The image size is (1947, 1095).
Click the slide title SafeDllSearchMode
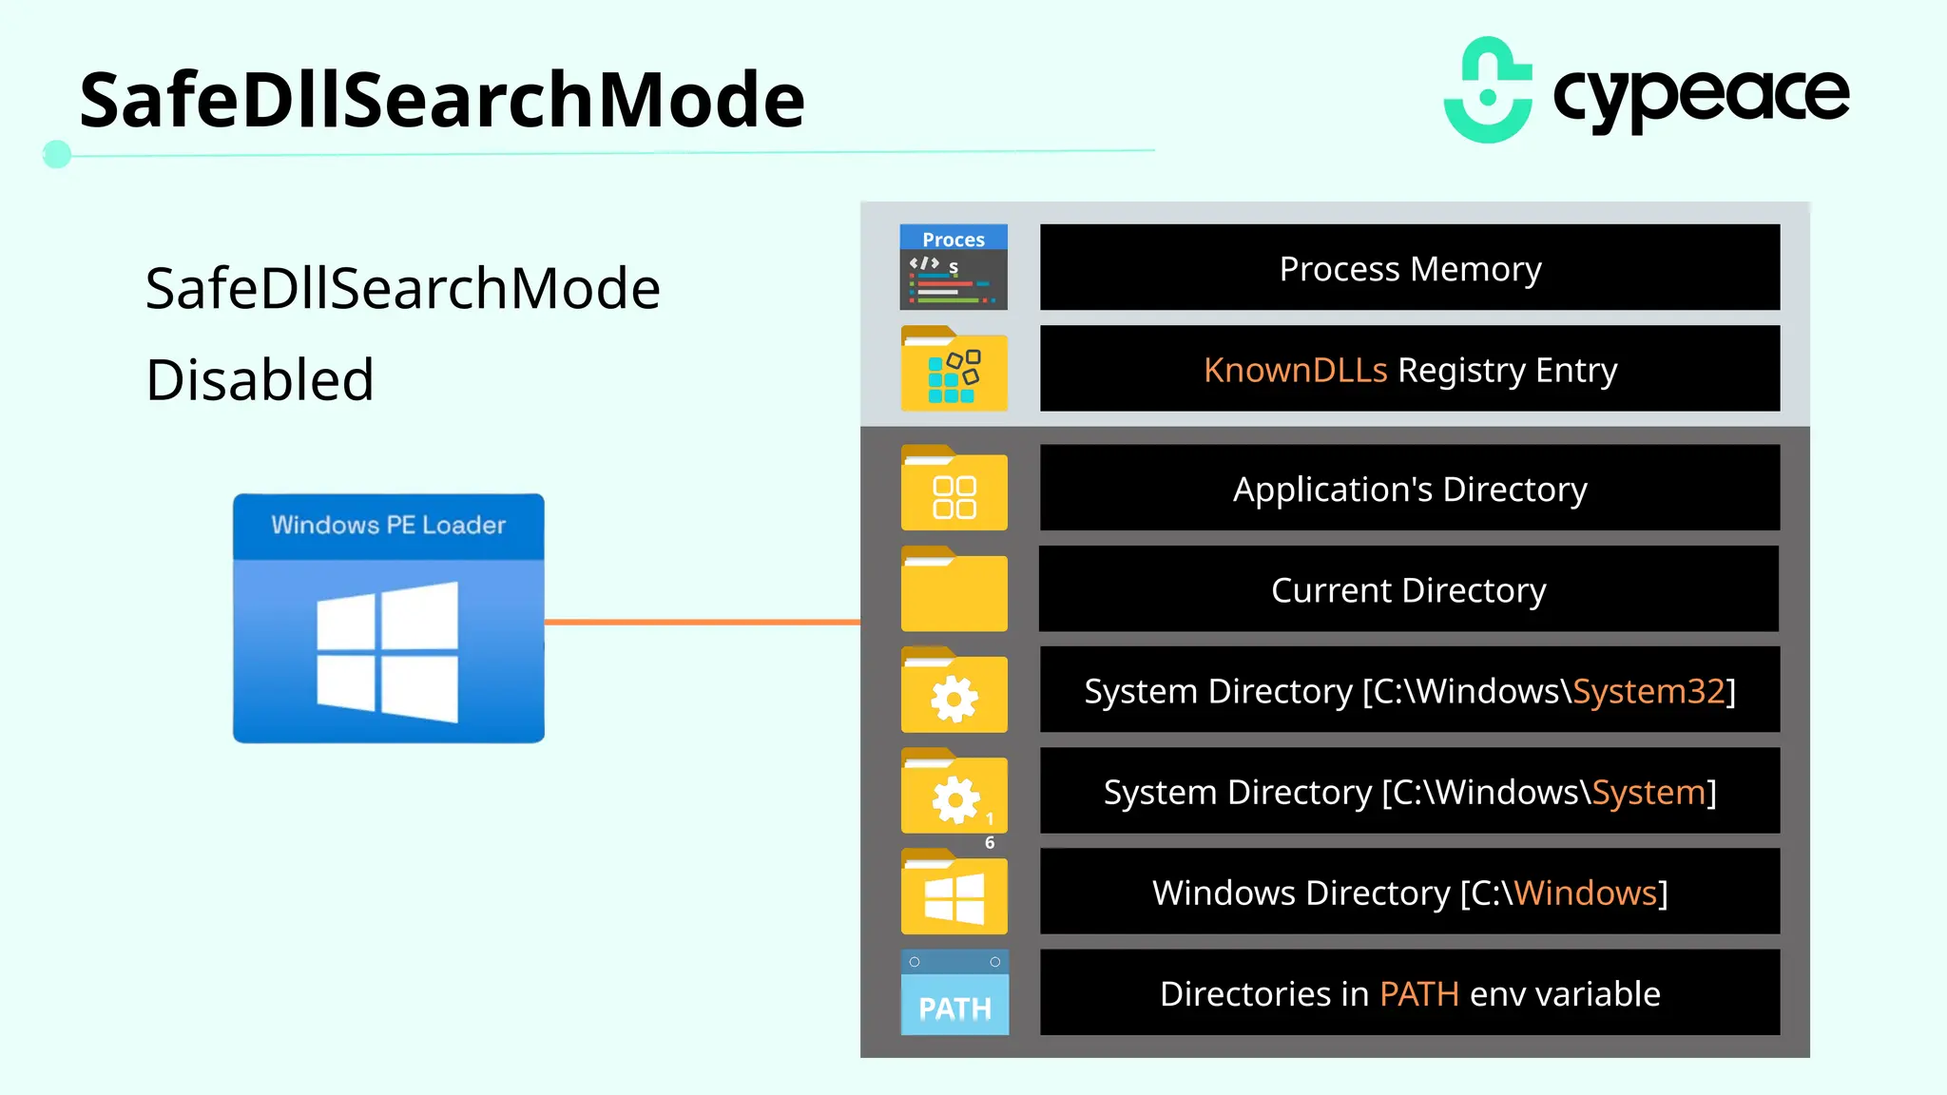(x=442, y=100)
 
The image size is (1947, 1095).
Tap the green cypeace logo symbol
(x=1488, y=91)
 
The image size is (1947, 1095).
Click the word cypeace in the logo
(x=1701, y=95)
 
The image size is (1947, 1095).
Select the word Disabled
(x=260, y=380)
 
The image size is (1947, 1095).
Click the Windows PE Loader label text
(x=388, y=525)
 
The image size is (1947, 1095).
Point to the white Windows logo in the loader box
(x=388, y=652)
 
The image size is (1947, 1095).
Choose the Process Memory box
(x=1409, y=268)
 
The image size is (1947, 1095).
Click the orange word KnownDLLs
(x=1295, y=370)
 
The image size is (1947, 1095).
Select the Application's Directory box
(x=1409, y=489)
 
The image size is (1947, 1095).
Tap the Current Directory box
(x=1409, y=589)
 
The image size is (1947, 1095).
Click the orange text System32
(x=1648, y=691)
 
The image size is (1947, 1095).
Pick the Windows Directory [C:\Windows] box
(x=1409, y=893)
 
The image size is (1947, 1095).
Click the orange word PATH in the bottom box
(x=1418, y=994)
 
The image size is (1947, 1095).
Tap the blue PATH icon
(x=954, y=993)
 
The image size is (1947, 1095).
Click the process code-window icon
(x=954, y=267)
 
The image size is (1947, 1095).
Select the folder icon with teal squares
(x=954, y=371)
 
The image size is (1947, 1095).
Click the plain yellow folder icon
(x=954, y=590)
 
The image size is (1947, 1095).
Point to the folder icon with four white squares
(x=954, y=490)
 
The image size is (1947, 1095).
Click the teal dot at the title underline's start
(x=57, y=154)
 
